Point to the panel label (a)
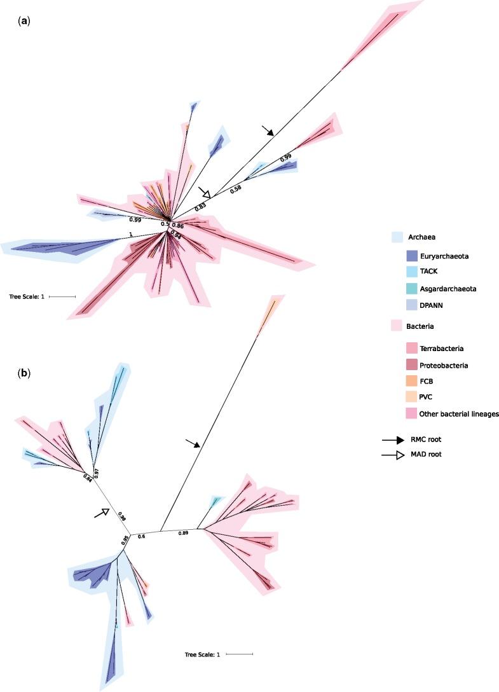(x=24, y=20)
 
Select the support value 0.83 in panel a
(x=200, y=206)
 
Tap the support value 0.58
(x=236, y=189)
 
